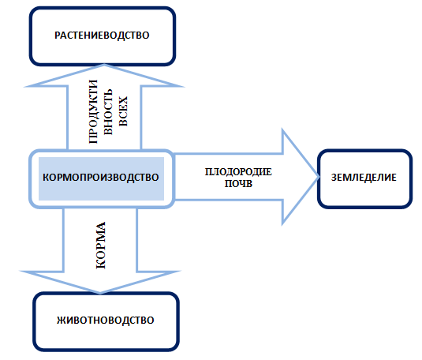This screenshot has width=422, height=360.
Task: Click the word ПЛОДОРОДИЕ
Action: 238,172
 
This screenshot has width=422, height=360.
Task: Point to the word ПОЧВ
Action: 238,184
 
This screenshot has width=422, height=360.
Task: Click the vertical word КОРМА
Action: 101,246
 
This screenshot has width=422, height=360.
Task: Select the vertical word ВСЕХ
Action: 123,111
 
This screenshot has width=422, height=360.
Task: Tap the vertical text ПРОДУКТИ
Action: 93,111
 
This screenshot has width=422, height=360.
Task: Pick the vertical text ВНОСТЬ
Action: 108,112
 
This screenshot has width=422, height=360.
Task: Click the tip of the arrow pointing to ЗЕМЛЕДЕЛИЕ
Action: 319,177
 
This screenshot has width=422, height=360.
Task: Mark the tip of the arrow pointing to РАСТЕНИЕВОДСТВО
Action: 104,65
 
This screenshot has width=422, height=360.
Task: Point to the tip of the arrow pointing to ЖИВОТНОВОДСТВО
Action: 100,293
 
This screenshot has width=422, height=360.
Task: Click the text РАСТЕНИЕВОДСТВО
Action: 102,36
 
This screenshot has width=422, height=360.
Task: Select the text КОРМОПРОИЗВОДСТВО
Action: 101,178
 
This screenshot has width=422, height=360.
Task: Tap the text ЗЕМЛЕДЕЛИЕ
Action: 364,178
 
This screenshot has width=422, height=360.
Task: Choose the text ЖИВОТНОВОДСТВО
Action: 106,320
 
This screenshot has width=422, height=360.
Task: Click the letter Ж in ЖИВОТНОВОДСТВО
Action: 61,320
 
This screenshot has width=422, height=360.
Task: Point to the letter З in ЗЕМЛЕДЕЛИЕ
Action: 334,178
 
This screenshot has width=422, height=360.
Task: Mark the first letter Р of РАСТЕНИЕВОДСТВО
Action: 58,36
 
